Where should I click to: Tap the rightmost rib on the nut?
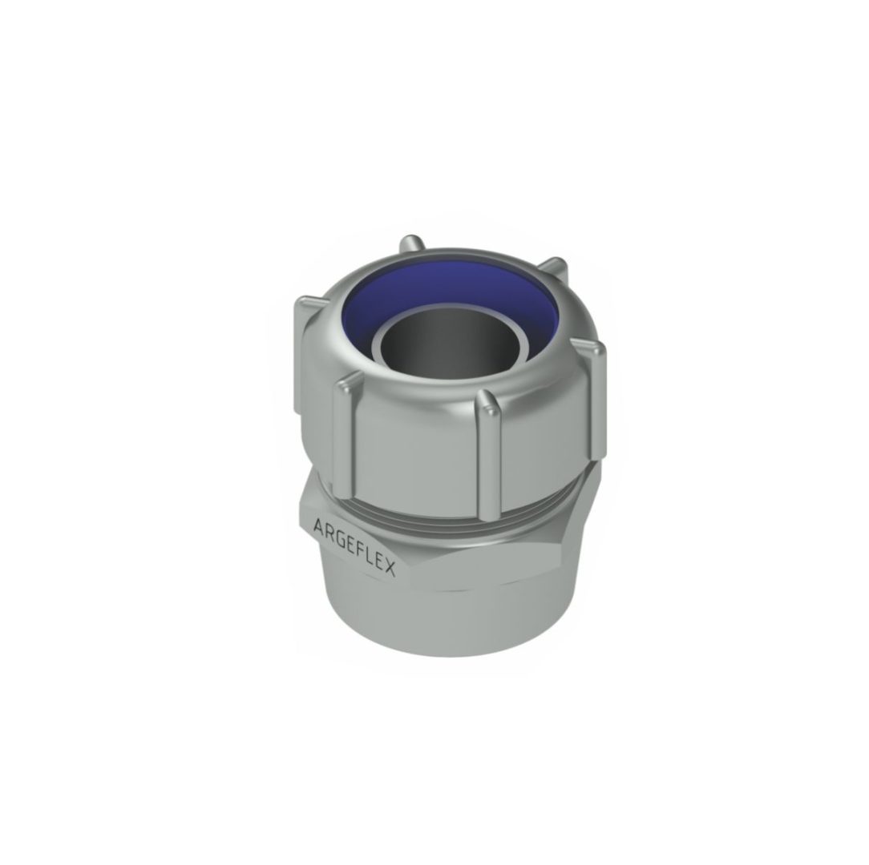[594, 384]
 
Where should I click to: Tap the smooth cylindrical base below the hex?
[449, 617]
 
